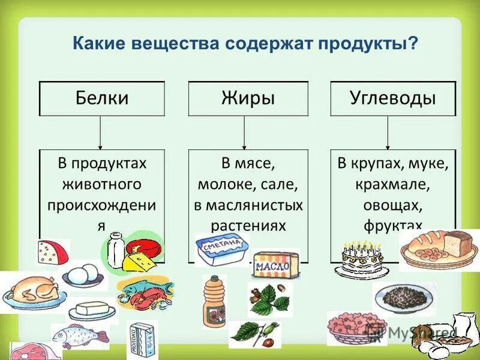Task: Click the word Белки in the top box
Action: pos(102,98)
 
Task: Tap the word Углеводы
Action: pos(393,98)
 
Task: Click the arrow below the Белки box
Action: pos(100,132)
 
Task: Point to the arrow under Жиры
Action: pos(244,132)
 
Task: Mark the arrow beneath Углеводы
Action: pos(388,132)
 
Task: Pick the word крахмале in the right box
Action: pos(393,184)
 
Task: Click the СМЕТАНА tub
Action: pos(221,249)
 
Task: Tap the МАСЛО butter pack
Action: pos(275,264)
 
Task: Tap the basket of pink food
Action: pos(348,327)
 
